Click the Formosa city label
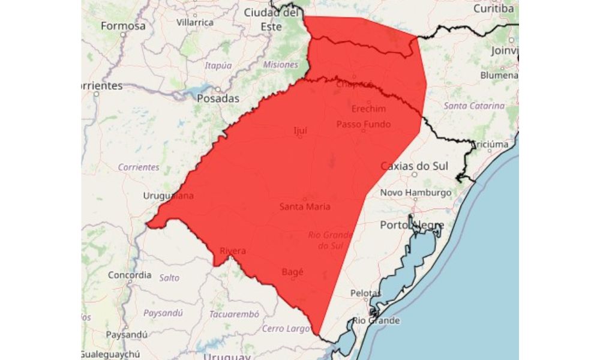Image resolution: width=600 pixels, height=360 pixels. (x=123, y=26)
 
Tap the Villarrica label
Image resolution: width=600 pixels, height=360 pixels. (x=195, y=22)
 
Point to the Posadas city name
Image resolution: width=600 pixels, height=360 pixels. (x=218, y=98)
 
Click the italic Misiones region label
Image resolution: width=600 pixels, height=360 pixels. (x=280, y=65)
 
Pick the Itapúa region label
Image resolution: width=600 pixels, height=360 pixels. (x=217, y=65)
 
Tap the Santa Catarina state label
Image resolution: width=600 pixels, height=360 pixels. (x=474, y=106)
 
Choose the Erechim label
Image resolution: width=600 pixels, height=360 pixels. (x=368, y=109)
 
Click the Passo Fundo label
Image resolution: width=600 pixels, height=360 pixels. (x=363, y=124)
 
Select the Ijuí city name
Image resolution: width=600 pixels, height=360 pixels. (x=300, y=129)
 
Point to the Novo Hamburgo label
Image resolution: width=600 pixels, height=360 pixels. (x=415, y=193)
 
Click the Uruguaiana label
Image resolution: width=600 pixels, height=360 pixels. (x=169, y=196)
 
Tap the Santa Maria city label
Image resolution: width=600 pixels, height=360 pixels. (x=305, y=206)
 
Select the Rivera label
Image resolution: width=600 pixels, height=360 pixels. (x=233, y=251)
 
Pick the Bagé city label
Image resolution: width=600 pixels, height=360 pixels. (x=292, y=271)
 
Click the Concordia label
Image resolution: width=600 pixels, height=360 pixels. (x=130, y=275)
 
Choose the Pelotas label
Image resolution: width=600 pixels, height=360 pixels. (x=366, y=293)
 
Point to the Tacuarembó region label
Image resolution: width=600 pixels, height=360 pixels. (x=234, y=314)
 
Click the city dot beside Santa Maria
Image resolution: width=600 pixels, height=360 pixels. (x=305, y=199)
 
